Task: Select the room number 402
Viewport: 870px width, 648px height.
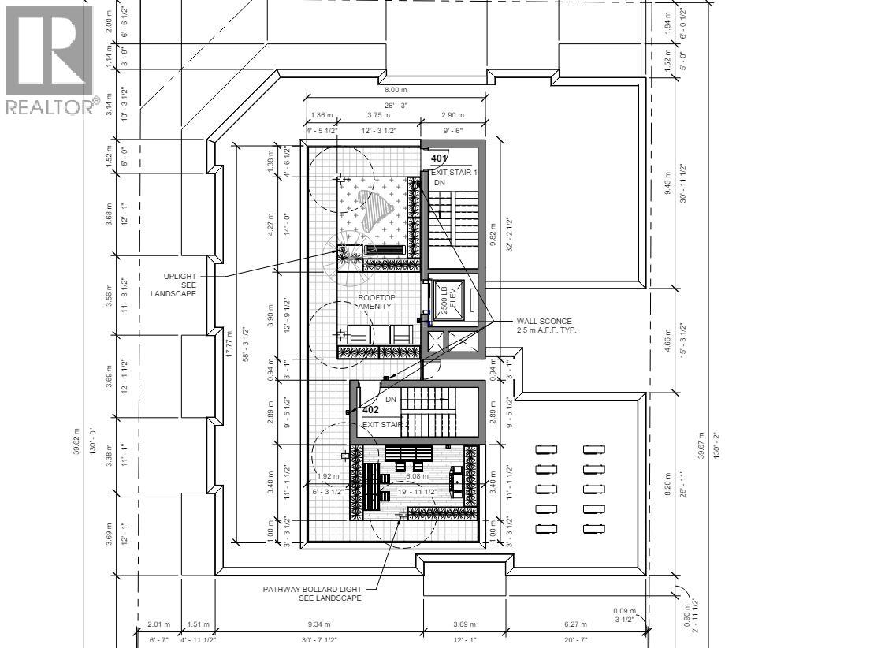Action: (370, 410)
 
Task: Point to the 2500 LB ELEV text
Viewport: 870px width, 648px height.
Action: (448, 299)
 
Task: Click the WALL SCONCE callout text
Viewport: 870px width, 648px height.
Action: (546, 326)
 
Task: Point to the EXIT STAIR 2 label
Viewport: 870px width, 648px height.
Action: (386, 425)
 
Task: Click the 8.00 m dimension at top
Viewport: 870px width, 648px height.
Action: (395, 91)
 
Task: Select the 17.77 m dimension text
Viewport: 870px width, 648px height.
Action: (229, 344)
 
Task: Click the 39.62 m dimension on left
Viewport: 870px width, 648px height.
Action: (76, 441)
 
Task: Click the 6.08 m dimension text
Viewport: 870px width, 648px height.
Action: (416, 476)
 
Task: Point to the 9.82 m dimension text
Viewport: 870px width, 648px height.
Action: (493, 233)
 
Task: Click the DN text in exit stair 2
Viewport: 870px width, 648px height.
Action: (390, 400)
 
